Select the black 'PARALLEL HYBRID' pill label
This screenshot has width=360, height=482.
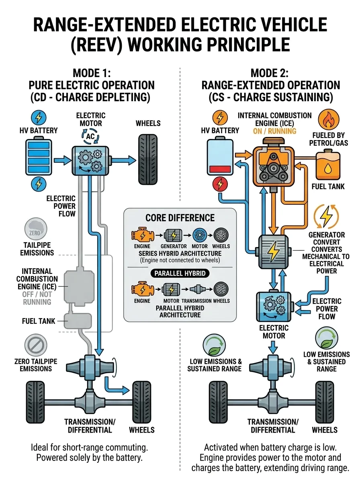click(180, 273)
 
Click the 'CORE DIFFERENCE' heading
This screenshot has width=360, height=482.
click(180, 218)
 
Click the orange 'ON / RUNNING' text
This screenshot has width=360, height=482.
click(275, 131)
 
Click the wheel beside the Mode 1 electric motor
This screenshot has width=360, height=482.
click(148, 159)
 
